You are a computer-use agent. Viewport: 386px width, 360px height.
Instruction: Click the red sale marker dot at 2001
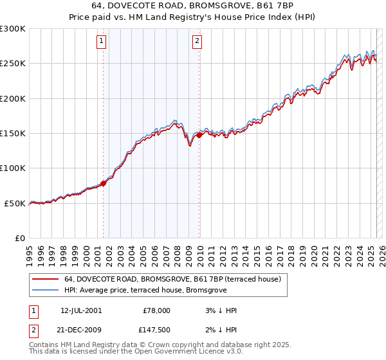[103, 184]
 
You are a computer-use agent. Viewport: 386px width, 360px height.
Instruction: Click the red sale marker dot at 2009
[199, 135]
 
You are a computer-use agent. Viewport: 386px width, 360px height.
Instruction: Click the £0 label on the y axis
[21, 238]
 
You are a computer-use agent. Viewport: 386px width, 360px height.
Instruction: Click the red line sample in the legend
[45, 280]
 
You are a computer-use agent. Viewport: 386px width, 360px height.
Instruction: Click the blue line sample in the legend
[45, 291]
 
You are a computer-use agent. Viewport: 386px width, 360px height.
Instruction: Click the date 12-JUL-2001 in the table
[81, 310]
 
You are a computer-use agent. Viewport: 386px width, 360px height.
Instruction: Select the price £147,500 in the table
[156, 330]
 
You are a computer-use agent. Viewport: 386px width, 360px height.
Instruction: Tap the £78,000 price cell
[156, 310]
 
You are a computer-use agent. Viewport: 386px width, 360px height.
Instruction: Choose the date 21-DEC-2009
[81, 330]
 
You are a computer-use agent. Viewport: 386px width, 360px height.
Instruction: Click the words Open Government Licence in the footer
[174, 352]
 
